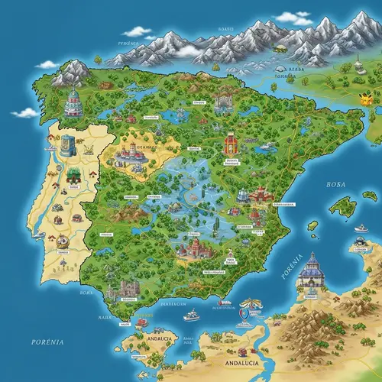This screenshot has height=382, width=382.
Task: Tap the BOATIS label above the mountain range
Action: [x=225, y=29]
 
